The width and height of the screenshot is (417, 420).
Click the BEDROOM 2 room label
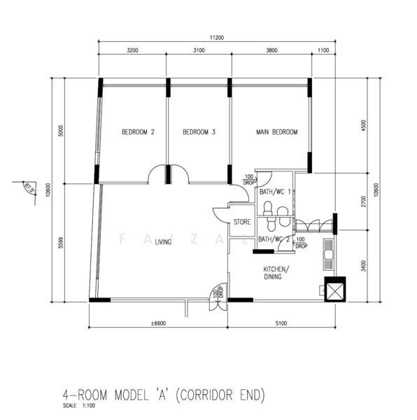(138, 132)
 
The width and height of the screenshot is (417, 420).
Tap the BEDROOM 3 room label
(199, 132)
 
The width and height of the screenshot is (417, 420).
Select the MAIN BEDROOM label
(277, 132)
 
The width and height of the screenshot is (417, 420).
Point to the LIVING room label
(163, 242)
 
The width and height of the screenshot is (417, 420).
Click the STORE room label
(242, 222)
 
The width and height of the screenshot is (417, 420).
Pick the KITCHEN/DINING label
(276, 273)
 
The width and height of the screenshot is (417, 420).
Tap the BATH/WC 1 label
(275, 192)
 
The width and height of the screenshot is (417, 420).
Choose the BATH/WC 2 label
(274, 239)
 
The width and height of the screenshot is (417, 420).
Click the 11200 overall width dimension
(216, 38)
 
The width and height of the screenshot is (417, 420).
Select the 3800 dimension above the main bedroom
(271, 50)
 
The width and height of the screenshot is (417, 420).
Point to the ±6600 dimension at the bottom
(158, 323)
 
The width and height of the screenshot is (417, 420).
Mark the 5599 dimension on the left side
(61, 243)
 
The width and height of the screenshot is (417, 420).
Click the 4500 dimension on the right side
(363, 125)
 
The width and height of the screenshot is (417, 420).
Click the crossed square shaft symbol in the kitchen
(335, 289)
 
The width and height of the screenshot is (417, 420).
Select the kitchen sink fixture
(328, 255)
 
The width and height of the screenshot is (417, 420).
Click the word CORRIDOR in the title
(206, 395)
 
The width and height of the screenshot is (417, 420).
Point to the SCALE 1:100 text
(79, 406)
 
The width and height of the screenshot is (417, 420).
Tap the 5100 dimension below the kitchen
(281, 323)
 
